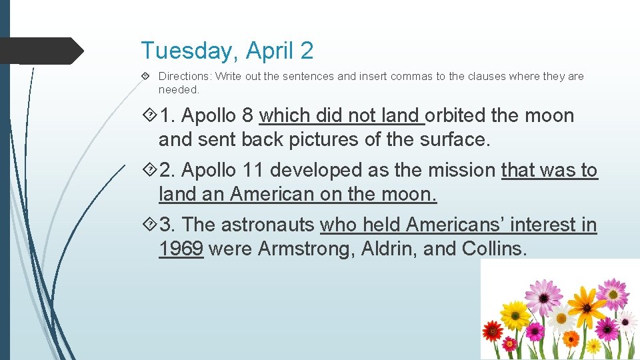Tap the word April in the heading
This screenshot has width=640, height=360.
coord(270,51)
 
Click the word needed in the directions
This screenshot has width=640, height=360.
coord(178,89)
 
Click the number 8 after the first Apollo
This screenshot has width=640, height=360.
coord(247,115)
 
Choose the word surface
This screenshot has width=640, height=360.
coord(455,140)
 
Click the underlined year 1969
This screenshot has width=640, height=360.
coord(181,249)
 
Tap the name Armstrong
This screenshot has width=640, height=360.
coord(306,249)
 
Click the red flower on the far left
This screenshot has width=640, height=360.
coord(493,329)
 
